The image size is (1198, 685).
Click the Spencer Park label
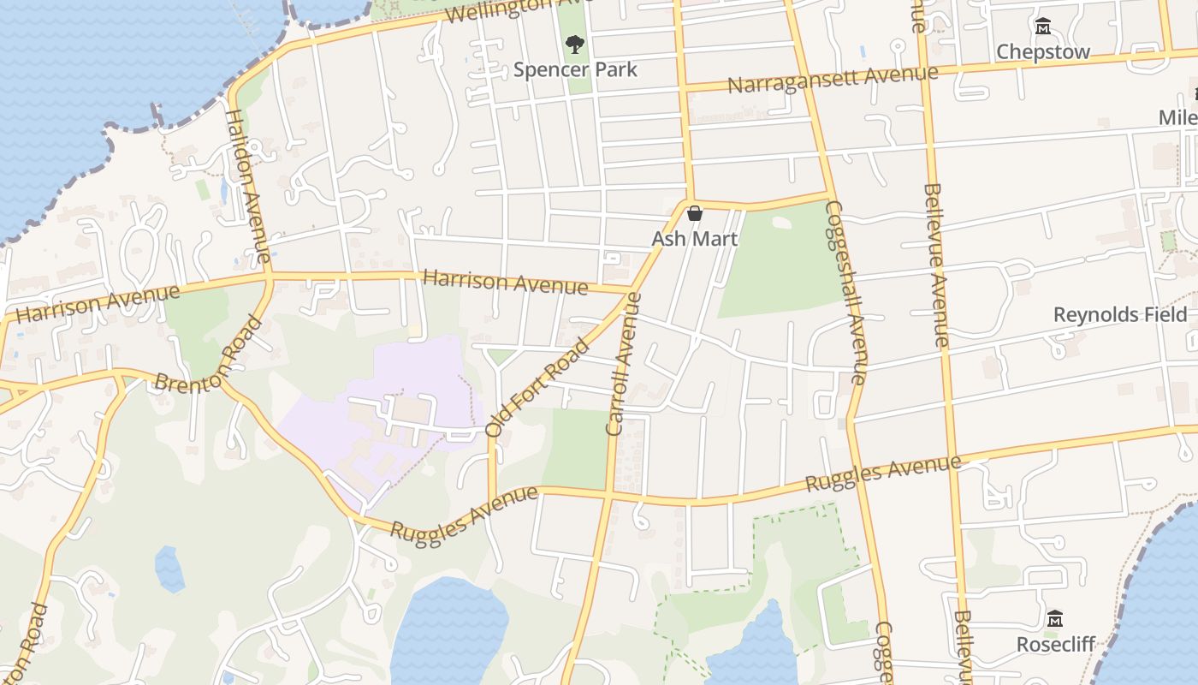pyautogui.click(x=575, y=69)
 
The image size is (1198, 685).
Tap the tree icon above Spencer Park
pyautogui.click(x=575, y=44)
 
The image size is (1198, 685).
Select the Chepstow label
pyautogui.click(x=1043, y=51)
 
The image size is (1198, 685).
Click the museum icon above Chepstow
pyautogui.click(x=1043, y=27)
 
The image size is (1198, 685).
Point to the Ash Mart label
pyautogui.click(x=694, y=239)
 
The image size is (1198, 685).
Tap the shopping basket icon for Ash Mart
pyautogui.click(x=695, y=213)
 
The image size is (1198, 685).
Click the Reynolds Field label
pyautogui.click(x=1120, y=314)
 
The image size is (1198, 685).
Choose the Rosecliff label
pyautogui.click(x=1055, y=644)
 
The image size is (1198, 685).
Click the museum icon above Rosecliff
pyautogui.click(x=1055, y=618)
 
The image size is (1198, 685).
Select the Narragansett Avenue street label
pyautogui.click(x=833, y=80)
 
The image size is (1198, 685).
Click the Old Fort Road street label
pyautogui.click(x=537, y=387)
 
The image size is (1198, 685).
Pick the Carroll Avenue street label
pyautogui.click(x=624, y=364)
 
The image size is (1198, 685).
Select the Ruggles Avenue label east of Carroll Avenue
pyautogui.click(x=882, y=474)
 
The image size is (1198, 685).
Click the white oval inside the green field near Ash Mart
pyautogui.click(x=781, y=222)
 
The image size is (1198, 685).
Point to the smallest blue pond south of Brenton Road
pyautogui.click(x=169, y=568)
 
